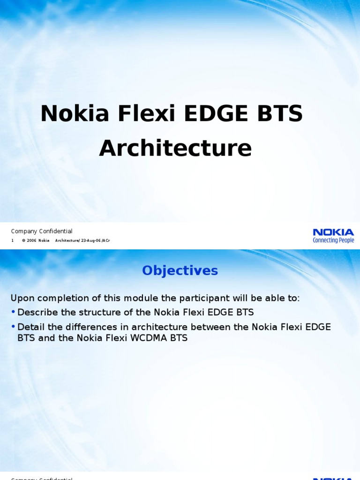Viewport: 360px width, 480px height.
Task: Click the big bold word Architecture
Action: click(175, 148)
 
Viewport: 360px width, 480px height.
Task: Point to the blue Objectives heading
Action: click(180, 270)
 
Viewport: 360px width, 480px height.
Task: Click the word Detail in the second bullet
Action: click(30, 327)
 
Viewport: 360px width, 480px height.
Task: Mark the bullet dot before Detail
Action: click(13, 327)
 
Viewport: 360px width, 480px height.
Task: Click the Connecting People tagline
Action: click(333, 240)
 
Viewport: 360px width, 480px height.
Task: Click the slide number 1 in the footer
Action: click(13, 240)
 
